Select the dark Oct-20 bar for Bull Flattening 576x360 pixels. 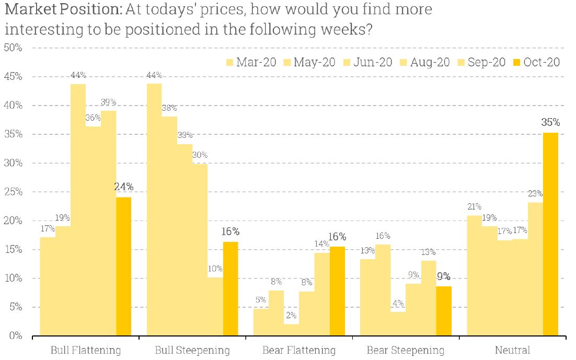[124, 266]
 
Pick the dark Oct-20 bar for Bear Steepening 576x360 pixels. [444, 310]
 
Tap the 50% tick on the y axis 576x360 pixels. [13, 48]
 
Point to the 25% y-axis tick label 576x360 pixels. [13, 192]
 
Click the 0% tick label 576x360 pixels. [15, 336]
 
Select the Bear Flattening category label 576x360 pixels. [299, 350]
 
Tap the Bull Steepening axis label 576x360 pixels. [192, 350]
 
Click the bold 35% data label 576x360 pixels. [550, 123]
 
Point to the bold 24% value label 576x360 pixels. [124, 187]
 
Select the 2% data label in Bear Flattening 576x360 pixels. [292, 316]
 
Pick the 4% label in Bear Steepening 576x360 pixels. [398, 303]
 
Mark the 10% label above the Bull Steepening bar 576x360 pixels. [215, 269]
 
